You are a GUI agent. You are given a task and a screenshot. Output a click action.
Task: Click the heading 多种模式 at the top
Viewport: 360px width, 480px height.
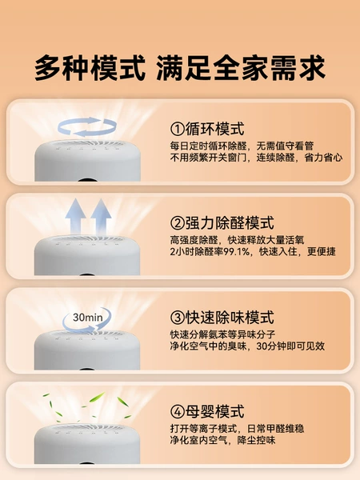[90, 68]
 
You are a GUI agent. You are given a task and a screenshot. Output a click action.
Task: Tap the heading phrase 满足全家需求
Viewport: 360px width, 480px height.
[241, 68]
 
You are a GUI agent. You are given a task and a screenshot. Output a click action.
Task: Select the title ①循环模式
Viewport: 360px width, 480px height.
[207, 129]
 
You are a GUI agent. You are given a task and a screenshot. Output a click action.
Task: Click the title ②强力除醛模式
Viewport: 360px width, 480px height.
[222, 223]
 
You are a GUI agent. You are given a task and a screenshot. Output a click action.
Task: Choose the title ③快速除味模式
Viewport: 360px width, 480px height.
[222, 317]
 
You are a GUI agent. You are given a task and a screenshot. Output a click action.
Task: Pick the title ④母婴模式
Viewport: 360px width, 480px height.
[207, 411]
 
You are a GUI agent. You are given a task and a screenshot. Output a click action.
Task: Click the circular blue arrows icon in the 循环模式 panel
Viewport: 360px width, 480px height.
[87, 126]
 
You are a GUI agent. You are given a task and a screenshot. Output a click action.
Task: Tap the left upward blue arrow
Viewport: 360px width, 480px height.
[75, 216]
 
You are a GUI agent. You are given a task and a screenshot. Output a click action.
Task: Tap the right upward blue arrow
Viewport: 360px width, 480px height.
[101, 216]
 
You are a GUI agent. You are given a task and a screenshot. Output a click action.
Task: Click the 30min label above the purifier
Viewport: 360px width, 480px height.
[88, 318]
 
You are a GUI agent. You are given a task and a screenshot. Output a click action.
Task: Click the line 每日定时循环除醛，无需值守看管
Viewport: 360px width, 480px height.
[242, 146]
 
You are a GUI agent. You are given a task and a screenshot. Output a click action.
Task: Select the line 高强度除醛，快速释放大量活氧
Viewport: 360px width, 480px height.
[238, 240]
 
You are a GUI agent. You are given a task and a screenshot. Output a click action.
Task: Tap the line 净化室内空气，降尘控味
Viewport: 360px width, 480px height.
[223, 440]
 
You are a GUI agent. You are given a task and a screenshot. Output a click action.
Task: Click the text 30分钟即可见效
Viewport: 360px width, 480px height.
[290, 346]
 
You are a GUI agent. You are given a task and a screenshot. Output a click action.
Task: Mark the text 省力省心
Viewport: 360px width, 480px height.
[323, 158]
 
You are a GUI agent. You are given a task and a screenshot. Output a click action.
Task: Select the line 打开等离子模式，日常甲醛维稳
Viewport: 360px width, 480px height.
[238, 429]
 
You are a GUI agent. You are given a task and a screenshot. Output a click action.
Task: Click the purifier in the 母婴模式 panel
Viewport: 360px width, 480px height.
[87, 444]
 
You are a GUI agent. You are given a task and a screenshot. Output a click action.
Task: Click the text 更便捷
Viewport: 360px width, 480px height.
[322, 252]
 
